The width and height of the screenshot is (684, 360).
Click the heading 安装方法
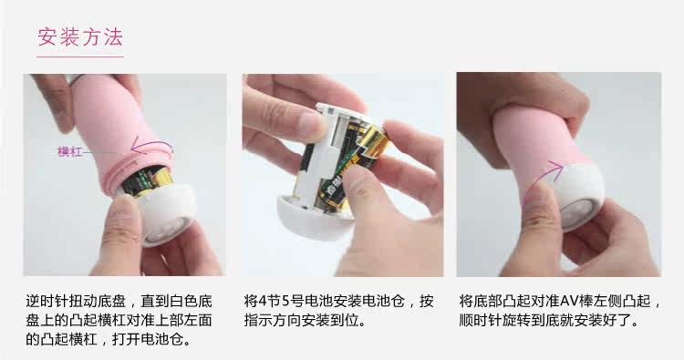click(x=80, y=37)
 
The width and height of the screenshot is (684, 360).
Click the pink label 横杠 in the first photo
click(x=70, y=151)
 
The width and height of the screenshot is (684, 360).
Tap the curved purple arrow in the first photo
click(x=151, y=144)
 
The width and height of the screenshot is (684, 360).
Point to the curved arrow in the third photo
click(x=543, y=178)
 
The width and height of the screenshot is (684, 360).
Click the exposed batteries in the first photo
click(x=146, y=181)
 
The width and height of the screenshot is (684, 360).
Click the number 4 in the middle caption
click(x=263, y=301)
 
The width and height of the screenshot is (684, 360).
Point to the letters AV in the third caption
click(x=569, y=301)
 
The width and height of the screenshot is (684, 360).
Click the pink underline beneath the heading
click(x=80, y=57)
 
